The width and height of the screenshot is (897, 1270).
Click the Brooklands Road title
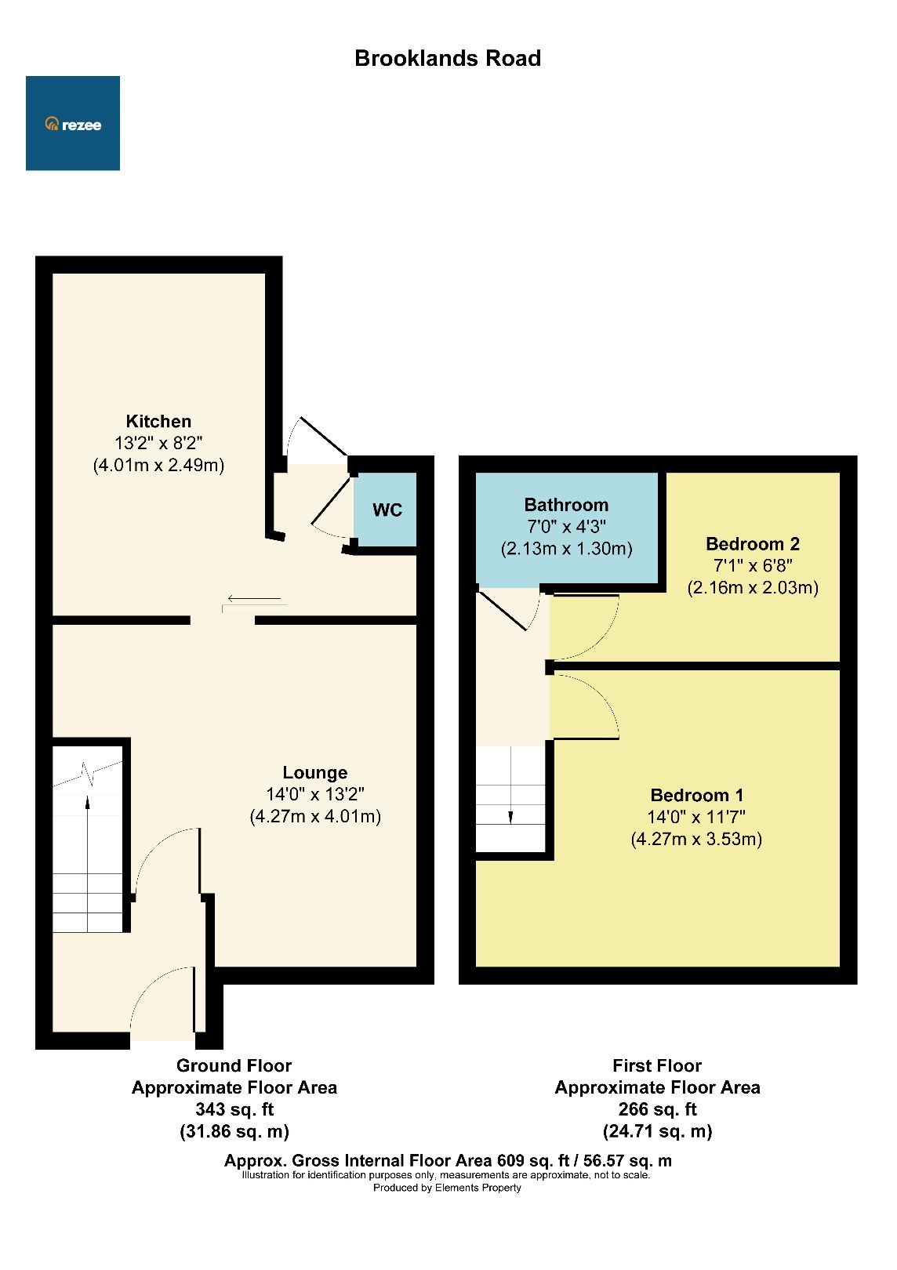[x=448, y=59]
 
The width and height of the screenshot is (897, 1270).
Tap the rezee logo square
[x=73, y=123]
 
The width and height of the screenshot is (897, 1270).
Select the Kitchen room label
[x=158, y=421]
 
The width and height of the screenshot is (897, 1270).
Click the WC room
[x=387, y=510]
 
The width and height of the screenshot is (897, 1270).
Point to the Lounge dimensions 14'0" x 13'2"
[x=315, y=794]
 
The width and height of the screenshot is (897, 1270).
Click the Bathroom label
[x=566, y=505]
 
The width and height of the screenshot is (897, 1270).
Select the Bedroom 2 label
[x=752, y=544]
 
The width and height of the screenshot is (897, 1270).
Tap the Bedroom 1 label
[x=696, y=795]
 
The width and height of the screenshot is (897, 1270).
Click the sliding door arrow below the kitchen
[x=254, y=600]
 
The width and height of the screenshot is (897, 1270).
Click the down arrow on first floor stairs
[x=510, y=815]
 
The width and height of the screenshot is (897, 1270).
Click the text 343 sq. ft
[x=234, y=1109]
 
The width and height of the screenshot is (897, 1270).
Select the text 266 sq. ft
[x=657, y=1109]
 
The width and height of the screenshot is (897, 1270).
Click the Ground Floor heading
[x=234, y=1065]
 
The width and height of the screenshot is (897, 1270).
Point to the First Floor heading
[x=657, y=1065]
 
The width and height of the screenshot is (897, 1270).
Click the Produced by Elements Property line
[x=447, y=1188]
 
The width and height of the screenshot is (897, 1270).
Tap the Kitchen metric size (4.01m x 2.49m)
[x=158, y=465]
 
